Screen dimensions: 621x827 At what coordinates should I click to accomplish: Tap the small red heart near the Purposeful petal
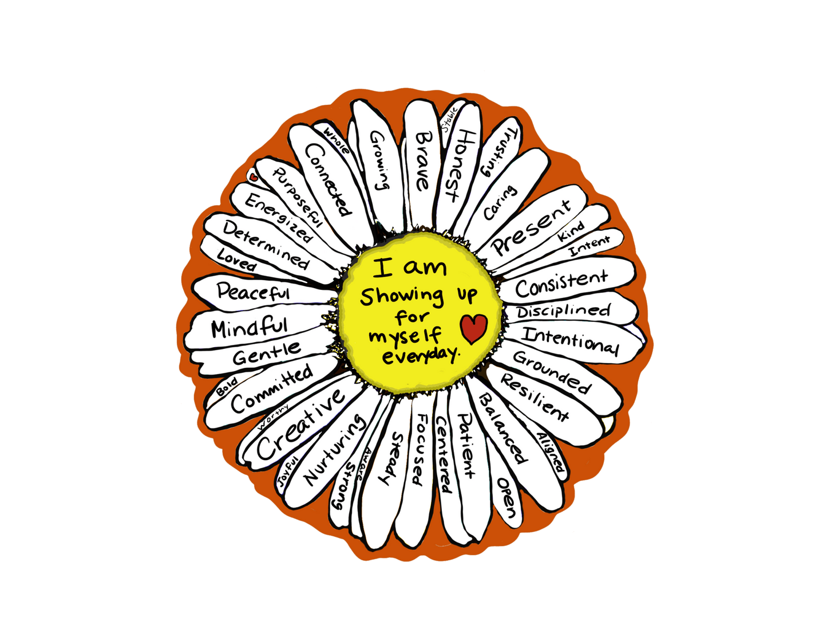point(254,178)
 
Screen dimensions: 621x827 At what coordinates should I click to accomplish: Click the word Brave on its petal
point(422,161)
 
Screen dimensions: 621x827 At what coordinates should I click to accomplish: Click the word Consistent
point(561,283)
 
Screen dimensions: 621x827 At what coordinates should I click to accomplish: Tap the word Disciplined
point(564,311)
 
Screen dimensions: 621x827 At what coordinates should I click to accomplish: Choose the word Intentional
point(570,340)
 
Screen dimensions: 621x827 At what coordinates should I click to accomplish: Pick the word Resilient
point(535,397)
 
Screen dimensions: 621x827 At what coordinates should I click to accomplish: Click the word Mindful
point(249,327)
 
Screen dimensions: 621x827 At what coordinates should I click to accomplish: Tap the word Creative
point(301,423)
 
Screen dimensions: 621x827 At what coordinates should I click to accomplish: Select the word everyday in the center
point(420,355)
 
